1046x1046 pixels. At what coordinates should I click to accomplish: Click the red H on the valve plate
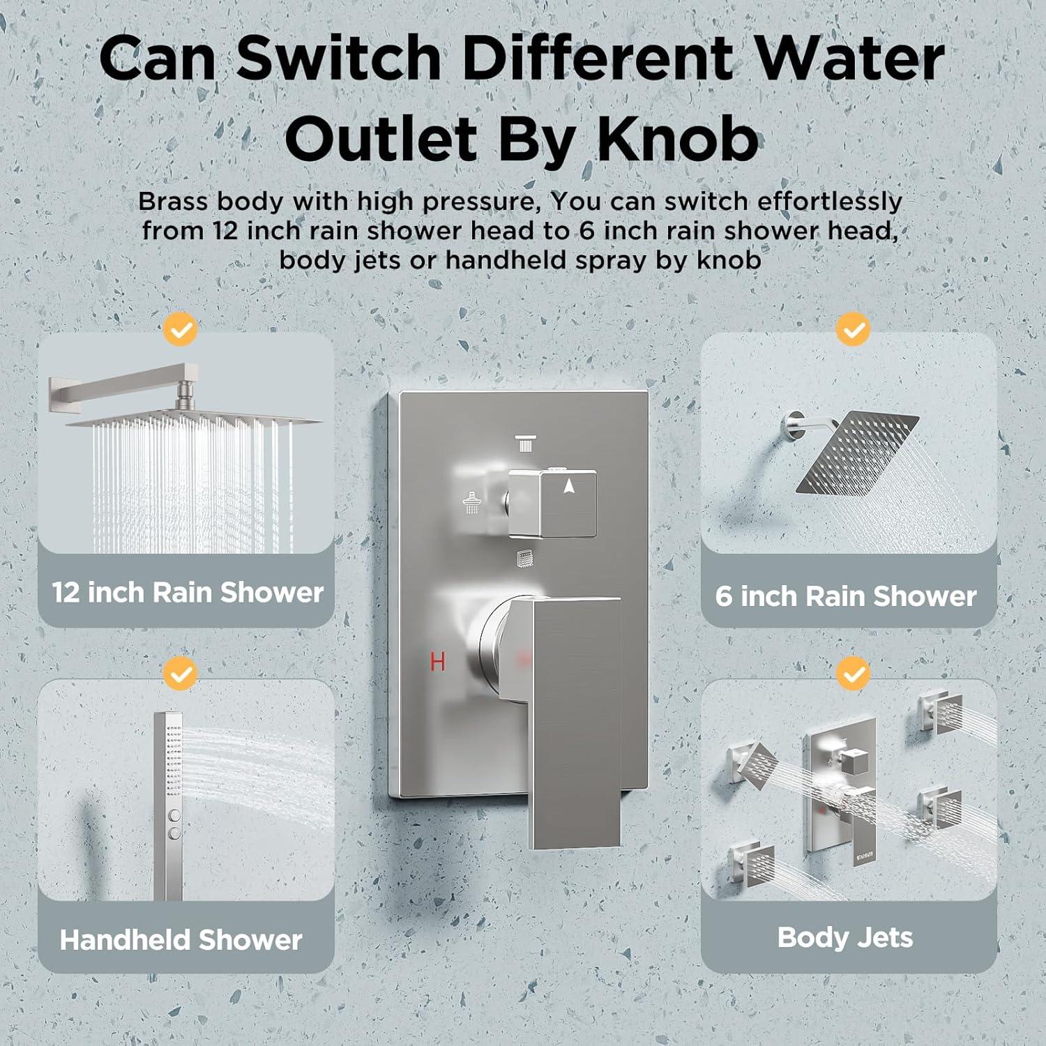(x=437, y=661)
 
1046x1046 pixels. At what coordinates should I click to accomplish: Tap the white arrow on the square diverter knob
(x=569, y=486)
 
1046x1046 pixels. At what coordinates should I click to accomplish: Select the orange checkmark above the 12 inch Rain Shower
(x=181, y=329)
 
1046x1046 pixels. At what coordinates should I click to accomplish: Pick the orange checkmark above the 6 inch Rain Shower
(x=853, y=329)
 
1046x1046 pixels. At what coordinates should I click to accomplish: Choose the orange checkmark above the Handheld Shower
(x=181, y=674)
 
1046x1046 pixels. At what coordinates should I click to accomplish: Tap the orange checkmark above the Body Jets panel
(x=853, y=674)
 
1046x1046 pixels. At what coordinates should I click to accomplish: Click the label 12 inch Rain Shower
(x=188, y=593)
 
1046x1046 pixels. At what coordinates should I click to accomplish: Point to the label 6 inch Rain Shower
(x=846, y=596)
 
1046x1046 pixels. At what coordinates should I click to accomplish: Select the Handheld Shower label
(x=181, y=940)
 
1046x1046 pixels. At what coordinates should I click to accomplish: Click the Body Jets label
(x=845, y=938)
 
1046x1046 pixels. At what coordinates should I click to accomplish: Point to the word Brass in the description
(x=173, y=201)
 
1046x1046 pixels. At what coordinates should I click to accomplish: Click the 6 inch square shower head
(x=857, y=452)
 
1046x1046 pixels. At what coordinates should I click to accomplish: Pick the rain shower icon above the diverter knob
(x=526, y=444)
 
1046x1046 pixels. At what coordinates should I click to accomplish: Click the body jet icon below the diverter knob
(x=526, y=559)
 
